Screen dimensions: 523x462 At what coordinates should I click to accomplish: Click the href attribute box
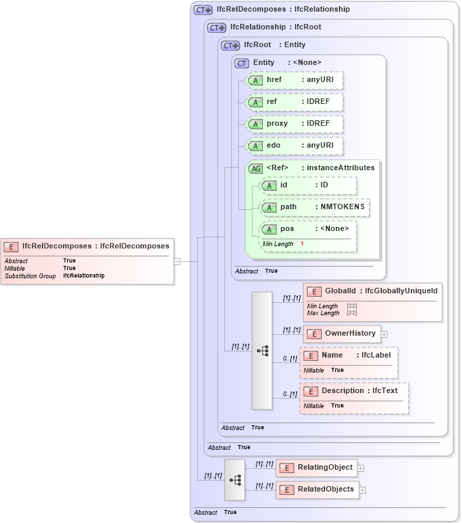click(x=294, y=80)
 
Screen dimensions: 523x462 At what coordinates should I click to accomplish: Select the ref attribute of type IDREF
click(x=294, y=102)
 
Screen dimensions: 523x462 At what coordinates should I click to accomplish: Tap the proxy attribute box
click(x=294, y=124)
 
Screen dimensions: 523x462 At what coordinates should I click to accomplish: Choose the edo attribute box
click(x=294, y=146)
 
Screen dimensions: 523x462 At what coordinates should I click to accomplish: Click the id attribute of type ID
click(x=308, y=185)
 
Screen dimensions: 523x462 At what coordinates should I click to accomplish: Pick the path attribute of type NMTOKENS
click(x=315, y=207)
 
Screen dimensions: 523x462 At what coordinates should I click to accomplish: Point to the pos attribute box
click(x=308, y=229)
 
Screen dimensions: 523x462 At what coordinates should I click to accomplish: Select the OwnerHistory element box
click(x=342, y=334)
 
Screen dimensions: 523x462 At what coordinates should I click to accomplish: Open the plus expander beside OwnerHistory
click(x=384, y=334)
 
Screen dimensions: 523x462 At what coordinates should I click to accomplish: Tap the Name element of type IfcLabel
click(x=348, y=356)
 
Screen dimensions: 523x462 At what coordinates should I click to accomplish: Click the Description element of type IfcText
click(x=355, y=391)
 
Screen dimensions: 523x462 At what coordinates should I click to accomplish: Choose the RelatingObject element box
click(x=316, y=468)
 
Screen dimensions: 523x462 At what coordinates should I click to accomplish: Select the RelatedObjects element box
click(x=317, y=490)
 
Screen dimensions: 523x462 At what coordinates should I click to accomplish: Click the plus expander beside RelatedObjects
click(x=363, y=490)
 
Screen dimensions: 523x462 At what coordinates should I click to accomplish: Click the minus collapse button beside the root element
click(x=177, y=260)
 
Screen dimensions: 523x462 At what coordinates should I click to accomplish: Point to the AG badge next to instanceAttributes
click(x=255, y=168)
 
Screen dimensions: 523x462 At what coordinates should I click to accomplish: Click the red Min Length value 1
click(x=302, y=244)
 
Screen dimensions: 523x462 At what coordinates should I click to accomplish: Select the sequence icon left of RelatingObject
click(x=235, y=480)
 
